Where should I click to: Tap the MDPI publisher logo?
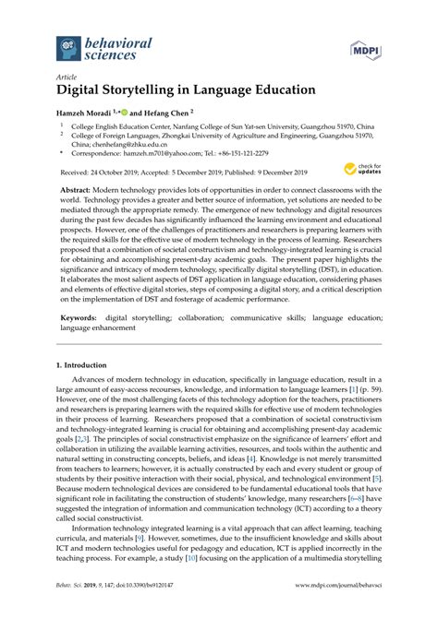[x=367, y=46]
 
